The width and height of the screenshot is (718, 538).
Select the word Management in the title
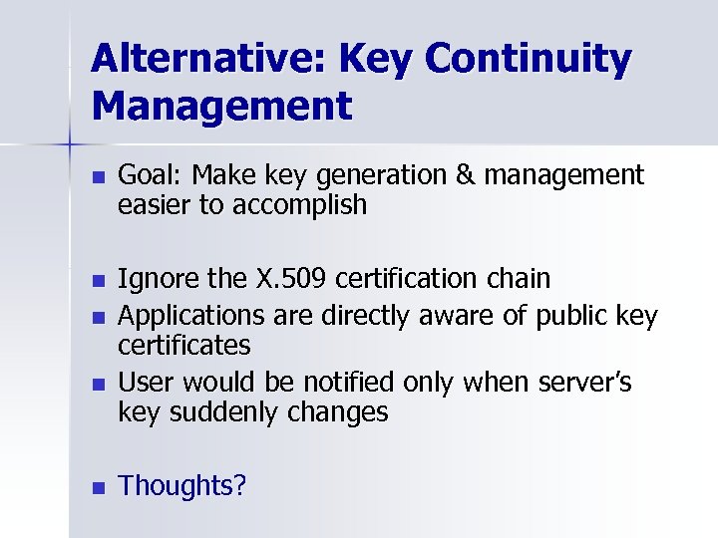pyautogui.click(x=221, y=105)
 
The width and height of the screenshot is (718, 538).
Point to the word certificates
pyautogui.click(x=184, y=345)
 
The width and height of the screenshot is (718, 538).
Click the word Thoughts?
pyautogui.click(x=182, y=486)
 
